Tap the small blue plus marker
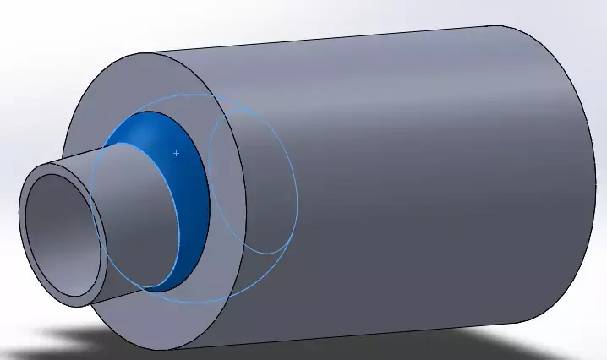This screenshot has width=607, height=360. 176,153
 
